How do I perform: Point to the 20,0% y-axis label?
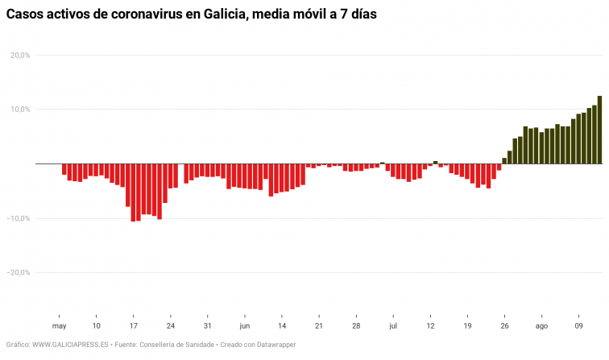coord(20,56)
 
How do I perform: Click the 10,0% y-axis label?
coord(20,110)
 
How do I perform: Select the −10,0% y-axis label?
coord(19,218)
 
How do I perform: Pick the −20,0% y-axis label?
coord(19,272)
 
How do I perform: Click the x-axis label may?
coord(59,326)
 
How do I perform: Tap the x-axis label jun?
coord(245,326)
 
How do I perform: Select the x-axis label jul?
coord(393,326)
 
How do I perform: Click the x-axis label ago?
coord(541,326)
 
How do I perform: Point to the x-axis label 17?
coord(134,326)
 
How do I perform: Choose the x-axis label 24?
coord(171,326)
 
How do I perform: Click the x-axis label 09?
coord(578,326)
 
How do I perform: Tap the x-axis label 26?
coord(504,326)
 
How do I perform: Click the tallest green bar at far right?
coord(599,130)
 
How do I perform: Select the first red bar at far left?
coord(64,169)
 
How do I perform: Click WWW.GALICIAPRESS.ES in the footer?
coord(71,345)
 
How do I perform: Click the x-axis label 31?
coord(208,326)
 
